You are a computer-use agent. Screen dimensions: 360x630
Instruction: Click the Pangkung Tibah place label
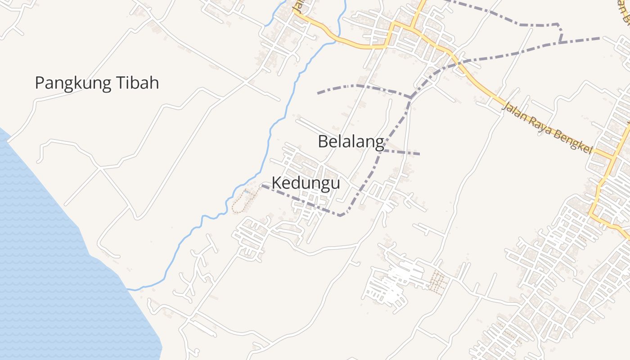(97, 83)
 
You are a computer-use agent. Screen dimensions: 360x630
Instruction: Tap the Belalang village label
(351, 141)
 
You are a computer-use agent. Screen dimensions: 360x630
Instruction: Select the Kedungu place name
(306, 183)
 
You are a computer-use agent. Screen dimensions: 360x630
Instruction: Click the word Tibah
(137, 83)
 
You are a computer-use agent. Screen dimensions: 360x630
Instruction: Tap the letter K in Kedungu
(277, 183)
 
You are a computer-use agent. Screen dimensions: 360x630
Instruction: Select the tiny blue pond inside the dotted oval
(247, 192)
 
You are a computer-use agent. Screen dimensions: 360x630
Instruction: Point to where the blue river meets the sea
(128, 289)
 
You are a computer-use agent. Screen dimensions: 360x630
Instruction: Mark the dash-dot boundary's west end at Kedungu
(262, 185)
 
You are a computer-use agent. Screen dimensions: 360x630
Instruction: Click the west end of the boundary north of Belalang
(318, 93)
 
